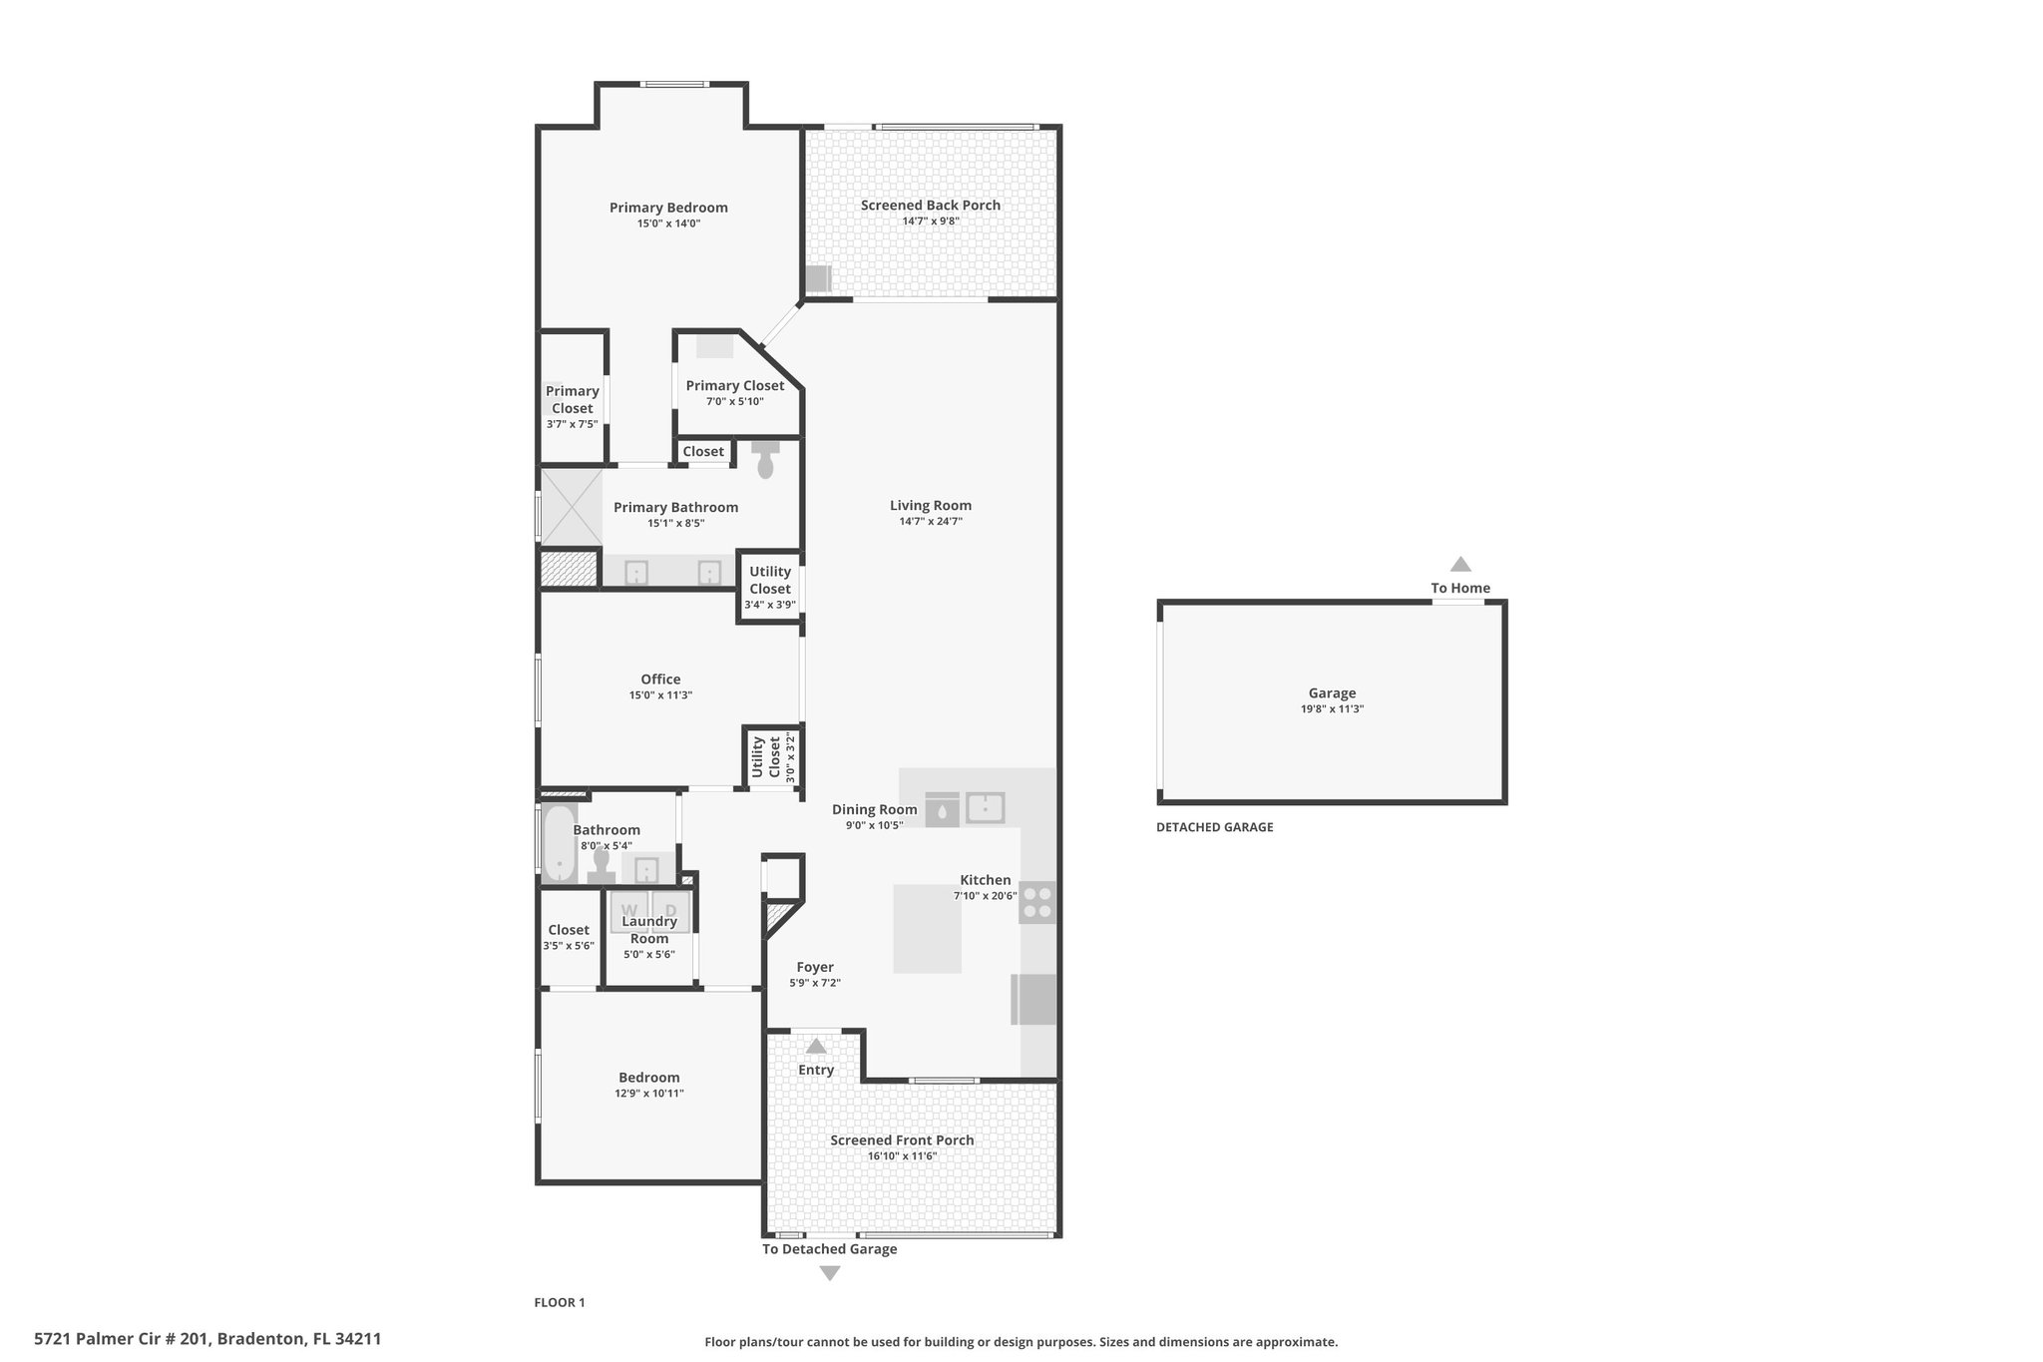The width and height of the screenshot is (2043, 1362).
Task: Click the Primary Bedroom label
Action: tap(668, 208)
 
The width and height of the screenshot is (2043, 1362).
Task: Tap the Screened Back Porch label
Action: tap(931, 206)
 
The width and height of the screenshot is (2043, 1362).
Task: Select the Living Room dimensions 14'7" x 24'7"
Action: tap(931, 521)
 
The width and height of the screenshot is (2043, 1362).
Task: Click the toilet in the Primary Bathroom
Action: tap(765, 458)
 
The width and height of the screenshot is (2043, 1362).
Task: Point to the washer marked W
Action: tap(629, 910)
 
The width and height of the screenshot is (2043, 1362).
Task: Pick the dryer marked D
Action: tap(670, 910)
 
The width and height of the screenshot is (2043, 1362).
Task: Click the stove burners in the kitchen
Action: tap(1037, 902)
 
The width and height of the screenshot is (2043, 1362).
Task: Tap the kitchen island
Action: tap(927, 928)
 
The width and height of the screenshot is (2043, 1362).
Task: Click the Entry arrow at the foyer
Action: tap(816, 1046)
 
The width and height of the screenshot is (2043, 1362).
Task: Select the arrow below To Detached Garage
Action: tap(830, 1273)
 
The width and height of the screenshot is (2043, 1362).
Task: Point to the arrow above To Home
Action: tap(1460, 564)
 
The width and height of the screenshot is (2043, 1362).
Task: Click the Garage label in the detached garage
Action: tap(1332, 693)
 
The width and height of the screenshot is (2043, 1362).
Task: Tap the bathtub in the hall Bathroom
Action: tap(560, 844)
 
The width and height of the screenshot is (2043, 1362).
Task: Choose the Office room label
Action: tap(660, 680)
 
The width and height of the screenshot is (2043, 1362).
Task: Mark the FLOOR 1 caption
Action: tap(560, 1302)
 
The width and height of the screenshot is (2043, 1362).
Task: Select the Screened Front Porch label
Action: tap(902, 1140)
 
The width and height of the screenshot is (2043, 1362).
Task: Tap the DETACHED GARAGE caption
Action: tap(1215, 827)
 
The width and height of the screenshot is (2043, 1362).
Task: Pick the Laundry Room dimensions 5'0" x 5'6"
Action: tap(649, 955)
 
